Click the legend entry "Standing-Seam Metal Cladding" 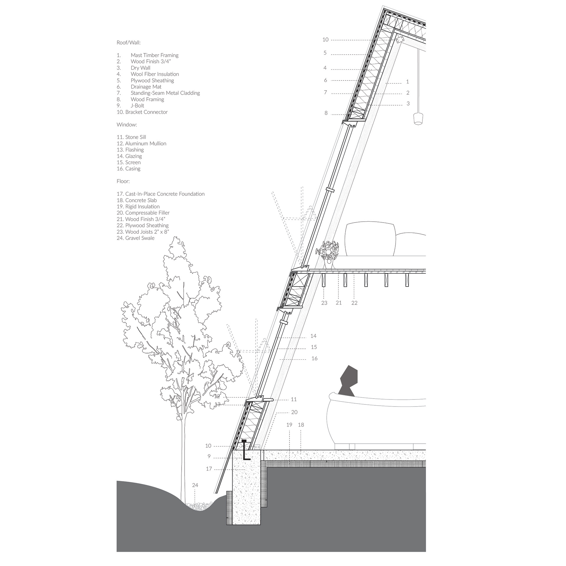coord(165,93)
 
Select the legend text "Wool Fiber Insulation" coord(155,74)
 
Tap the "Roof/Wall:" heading coord(129,43)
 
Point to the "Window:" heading coord(127,125)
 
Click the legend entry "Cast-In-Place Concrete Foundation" coord(165,194)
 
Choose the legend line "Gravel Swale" coord(140,238)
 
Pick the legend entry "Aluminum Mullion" coord(146,144)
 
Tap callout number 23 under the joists coord(324,303)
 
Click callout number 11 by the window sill coord(294,399)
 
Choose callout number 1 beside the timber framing coord(408,82)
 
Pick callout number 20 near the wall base coord(294,412)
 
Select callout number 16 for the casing coord(315,358)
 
